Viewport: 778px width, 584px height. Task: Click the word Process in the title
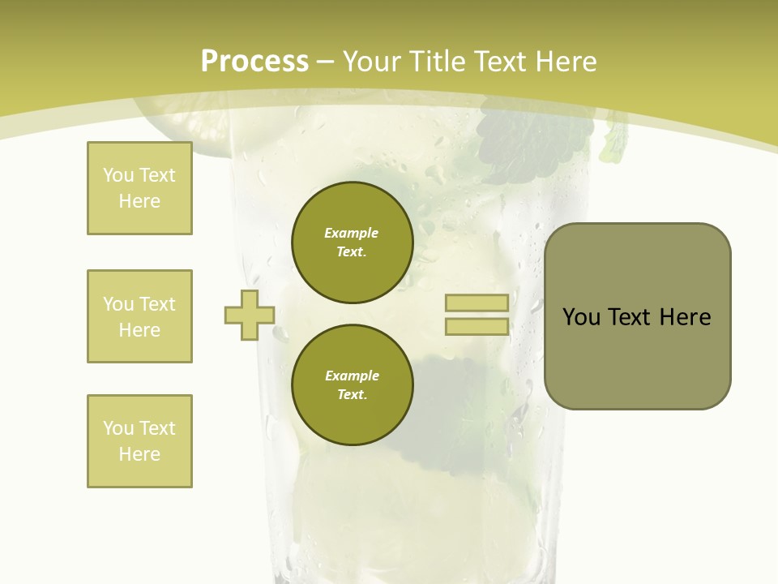point(254,62)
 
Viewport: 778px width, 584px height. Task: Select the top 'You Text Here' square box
point(139,188)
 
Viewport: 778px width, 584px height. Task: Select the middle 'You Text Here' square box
point(139,316)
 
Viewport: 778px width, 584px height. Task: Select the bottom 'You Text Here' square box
point(139,441)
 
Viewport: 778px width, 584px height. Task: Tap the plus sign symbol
point(250,315)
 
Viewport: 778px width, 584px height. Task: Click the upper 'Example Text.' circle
point(352,242)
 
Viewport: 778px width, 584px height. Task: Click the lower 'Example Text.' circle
point(352,384)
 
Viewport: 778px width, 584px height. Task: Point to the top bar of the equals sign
point(477,303)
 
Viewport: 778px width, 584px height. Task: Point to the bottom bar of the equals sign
point(477,327)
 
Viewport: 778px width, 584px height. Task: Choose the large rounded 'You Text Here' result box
point(637,316)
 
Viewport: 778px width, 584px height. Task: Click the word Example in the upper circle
point(352,233)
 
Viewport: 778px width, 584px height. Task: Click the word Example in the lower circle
point(352,376)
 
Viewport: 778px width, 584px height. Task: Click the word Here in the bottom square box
point(139,454)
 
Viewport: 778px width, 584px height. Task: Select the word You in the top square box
point(118,175)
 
